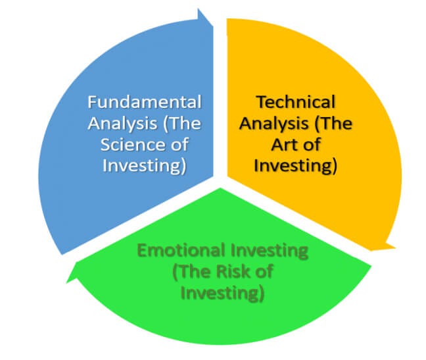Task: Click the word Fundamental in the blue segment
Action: pyautogui.click(x=144, y=103)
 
